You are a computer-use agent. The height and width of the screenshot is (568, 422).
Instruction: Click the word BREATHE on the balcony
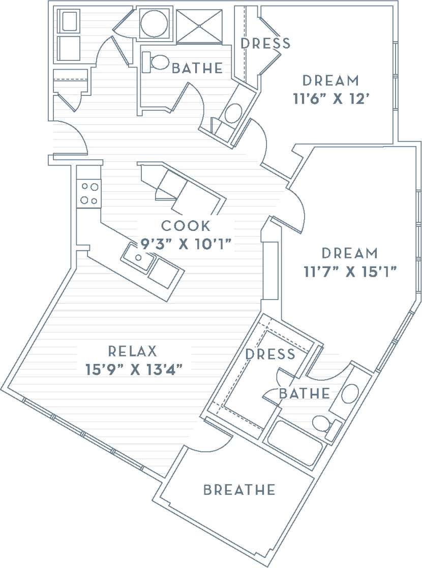click(239, 490)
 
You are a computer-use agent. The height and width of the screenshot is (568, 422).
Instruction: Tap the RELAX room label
click(132, 351)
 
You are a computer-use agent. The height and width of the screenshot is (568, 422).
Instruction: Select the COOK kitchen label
click(186, 226)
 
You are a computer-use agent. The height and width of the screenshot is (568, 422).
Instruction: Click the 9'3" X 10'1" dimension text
click(186, 244)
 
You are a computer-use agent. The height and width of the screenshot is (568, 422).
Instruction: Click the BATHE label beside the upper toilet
click(197, 68)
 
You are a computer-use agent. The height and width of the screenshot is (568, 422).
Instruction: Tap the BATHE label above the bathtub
click(304, 393)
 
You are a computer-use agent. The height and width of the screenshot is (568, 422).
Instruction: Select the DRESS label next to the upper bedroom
click(265, 44)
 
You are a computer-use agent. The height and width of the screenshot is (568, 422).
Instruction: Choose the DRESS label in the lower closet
click(270, 354)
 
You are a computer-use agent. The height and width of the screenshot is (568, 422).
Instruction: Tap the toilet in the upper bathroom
click(157, 62)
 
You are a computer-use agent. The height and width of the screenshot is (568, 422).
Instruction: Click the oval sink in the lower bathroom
click(350, 394)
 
